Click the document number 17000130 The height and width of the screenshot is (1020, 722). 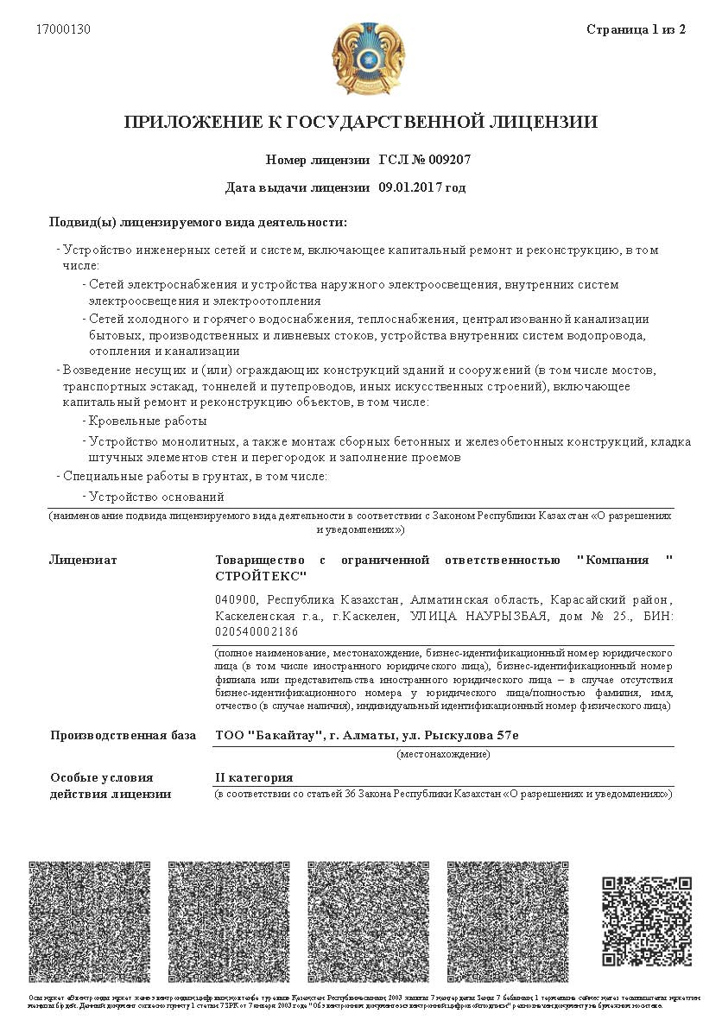click(63, 29)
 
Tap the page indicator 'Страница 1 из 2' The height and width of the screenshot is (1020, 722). click(636, 29)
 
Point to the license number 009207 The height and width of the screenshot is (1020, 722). click(446, 161)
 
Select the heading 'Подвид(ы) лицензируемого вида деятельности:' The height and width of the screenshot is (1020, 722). click(198, 222)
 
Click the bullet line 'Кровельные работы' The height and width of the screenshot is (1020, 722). click(148, 421)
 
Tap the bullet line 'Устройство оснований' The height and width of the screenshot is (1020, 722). click(156, 497)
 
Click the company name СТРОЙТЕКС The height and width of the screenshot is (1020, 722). click(261, 576)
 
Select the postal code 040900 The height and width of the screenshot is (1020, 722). click(235, 599)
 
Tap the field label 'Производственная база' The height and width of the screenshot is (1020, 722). click(123, 736)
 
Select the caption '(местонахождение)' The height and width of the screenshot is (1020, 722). click(442, 754)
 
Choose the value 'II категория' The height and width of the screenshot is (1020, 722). click(254, 777)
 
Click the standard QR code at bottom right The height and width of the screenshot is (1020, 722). click(646, 921)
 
